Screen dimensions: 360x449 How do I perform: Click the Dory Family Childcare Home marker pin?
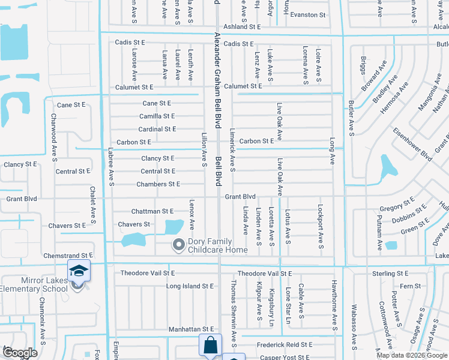tap(178, 244)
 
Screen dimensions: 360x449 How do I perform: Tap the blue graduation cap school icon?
tap(79, 271)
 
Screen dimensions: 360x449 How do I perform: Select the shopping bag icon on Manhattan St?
tap(210, 346)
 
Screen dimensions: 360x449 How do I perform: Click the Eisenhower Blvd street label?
tap(413, 145)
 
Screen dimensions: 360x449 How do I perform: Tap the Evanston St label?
tap(307, 15)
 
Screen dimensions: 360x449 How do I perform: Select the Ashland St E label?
tap(242, 27)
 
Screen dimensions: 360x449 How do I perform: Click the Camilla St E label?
tap(157, 116)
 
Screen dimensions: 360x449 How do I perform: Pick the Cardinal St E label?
tap(157, 129)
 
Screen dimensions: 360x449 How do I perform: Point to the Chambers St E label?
tap(158, 184)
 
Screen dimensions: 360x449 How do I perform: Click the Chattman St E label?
tap(152, 211)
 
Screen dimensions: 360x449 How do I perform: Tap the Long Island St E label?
tap(190, 287)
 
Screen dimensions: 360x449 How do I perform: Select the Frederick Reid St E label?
tap(285, 345)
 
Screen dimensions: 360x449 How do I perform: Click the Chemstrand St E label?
tap(68, 256)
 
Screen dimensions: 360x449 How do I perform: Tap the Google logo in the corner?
tap(20, 353)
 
